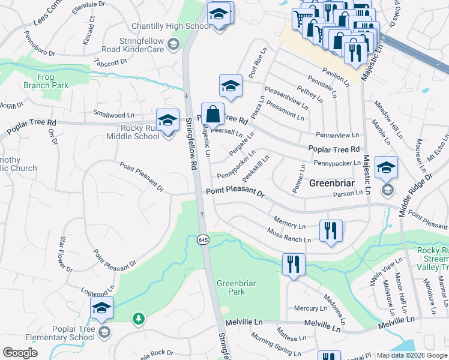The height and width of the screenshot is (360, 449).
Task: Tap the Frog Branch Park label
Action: pyautogui.click(x=46, y=81)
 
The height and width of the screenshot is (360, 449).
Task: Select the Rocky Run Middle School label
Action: pyautogui.click(x=131, y=132)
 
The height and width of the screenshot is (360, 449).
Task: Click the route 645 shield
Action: pyautogui.click(x=203, y=239)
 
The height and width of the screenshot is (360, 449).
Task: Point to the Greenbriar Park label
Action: pyautogui.click(x=231, y=287)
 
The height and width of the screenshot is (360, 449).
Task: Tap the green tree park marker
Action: pyautogui.click(x=139, y=318)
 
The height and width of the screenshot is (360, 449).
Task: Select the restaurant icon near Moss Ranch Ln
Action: pyautogui.click(x=331, y=231)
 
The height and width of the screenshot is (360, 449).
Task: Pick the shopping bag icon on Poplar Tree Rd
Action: pyautogui.click(x=212, y=113)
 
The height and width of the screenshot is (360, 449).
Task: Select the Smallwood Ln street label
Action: pyautogui.click(x=113, y=114)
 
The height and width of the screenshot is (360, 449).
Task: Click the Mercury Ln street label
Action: pyautogui.click(x=310, y=308)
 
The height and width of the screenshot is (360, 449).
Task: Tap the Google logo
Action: pyautogui.click(x=20, y=353)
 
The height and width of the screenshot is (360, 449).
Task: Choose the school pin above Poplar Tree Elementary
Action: pyautogui.click(x=102, y=309)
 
